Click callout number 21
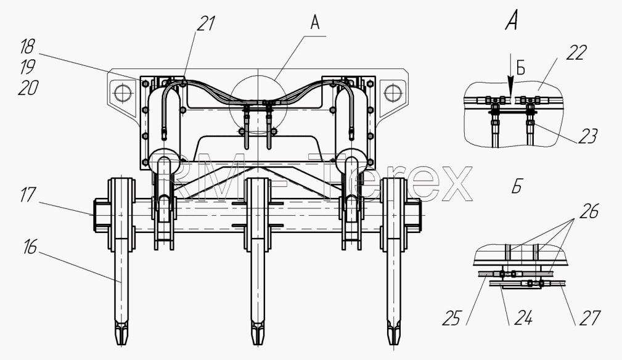(x=206, y=24)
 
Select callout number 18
(x=27, y=46)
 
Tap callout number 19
(x=27, y=67)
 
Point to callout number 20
(x=28, y=88)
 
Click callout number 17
(x=28, y=195)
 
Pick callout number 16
(x=30, y=247)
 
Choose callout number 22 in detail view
(x=576, y=53)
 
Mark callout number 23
(x=587, y=136)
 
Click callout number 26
(x=589, y=211)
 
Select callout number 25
(x=452, y=318)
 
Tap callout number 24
(x=523, y=318)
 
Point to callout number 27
(x=590, y=318)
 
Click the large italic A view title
(x=512, y=20)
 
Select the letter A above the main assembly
(x=314, y=23)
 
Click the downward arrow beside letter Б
(x=511, y=84)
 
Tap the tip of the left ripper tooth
(x=121, y=344)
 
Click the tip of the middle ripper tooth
(x=258, y=344)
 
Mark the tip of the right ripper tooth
(x=393, y=344)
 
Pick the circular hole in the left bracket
(x=122, y=93)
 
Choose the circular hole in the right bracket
(x=393, y=93)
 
